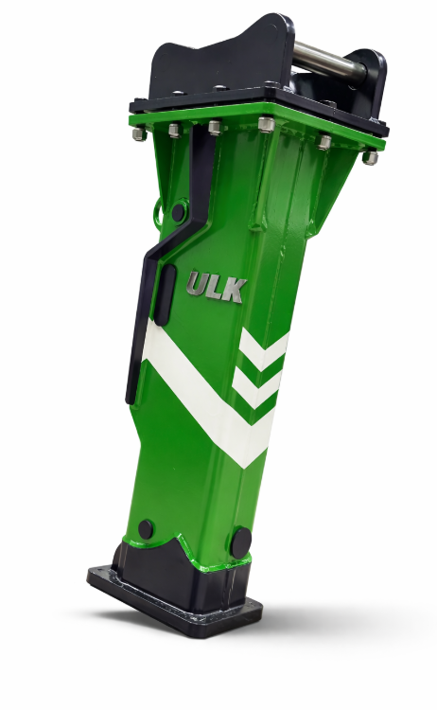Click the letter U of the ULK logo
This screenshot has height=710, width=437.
[197, 284]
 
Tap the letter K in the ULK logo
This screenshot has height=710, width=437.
[236, 291]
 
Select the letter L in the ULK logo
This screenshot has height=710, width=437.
[218, 288]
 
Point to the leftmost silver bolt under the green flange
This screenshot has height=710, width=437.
[139, 133]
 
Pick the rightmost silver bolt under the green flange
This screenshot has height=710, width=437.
[370, 157]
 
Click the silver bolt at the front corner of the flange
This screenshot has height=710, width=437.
[266, 124]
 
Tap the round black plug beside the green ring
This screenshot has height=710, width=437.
[178, 211]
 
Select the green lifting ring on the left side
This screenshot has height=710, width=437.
[158, 210]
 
